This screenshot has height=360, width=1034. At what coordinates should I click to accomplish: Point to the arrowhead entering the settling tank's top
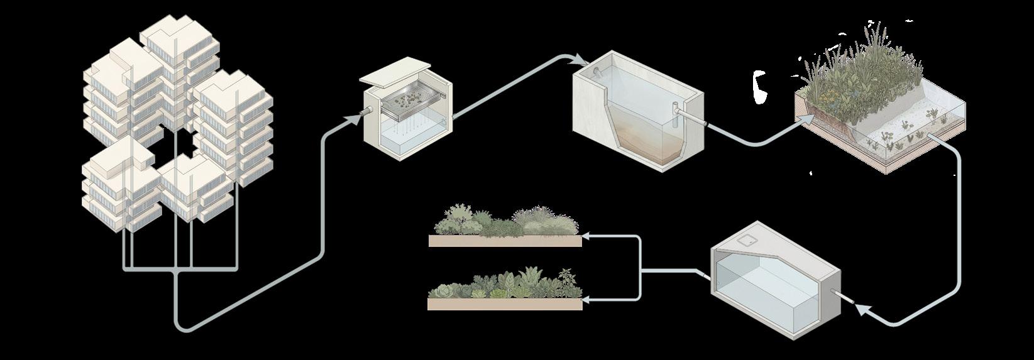tap(580, 60)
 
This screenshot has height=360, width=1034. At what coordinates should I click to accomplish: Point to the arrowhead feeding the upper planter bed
tap(586, 237)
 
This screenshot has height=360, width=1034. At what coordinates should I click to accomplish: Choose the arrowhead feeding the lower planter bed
tap(586, 299)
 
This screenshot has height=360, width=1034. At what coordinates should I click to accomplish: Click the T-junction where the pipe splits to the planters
tap(641, 271)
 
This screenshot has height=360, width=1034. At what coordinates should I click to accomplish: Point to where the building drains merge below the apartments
tap(175, 271)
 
